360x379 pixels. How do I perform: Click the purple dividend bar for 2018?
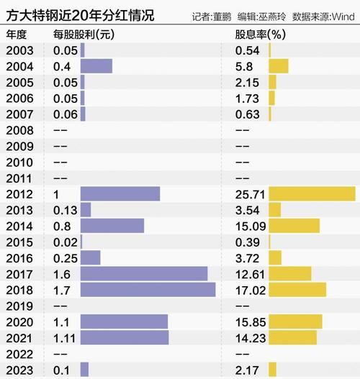click(148, 289)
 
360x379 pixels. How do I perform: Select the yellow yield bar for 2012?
click(312, 193)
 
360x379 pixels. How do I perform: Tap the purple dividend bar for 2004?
click(96, 66)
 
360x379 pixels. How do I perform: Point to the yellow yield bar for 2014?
click(294, 226)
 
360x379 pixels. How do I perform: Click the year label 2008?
click(19, 130)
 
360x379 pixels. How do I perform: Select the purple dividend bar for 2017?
click(144, 273)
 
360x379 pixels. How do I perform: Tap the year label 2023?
click(19, 369)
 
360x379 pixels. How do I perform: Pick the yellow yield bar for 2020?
click(295, 321)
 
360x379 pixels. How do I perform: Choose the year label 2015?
click(19, 242)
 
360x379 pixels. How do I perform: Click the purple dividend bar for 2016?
click(90, 257)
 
